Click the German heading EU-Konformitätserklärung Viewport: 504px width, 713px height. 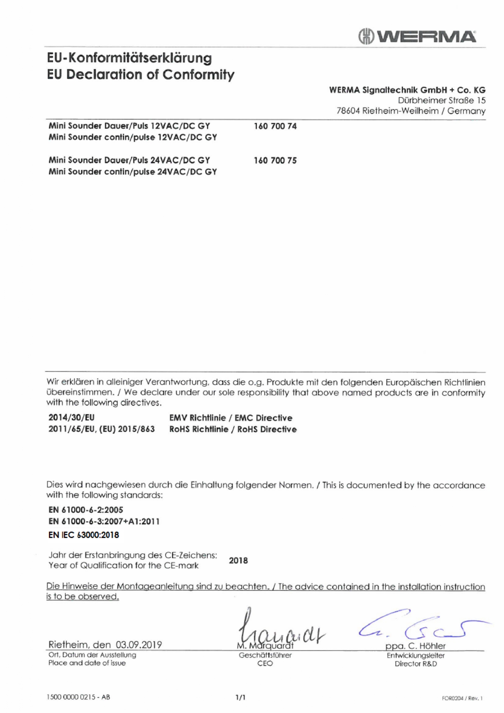[x=129, y=58]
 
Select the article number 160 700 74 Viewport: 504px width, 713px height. [x=275, y=126]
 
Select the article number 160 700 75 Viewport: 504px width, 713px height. [x=275, y=160]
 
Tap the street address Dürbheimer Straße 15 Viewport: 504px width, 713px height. [x=441, y=100]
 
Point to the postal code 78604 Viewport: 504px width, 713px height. [x=348, y=111]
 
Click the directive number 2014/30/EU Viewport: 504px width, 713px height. [x=71, y=418]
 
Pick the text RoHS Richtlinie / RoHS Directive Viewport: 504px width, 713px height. [x=233, y=429]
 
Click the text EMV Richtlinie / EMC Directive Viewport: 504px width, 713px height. [x=230, y=418]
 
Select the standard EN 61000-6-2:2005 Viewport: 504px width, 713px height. [x=86, y=510]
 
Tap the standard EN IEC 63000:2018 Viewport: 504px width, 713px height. [x=84, y=535]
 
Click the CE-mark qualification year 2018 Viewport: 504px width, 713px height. [x=238, y=561]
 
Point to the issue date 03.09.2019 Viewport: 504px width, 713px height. [x=138, y=645]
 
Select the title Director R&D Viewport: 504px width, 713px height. [x=415, y=664]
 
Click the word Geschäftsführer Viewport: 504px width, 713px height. [x=265, y=655]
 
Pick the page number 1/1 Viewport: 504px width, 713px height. [x=240, y=698]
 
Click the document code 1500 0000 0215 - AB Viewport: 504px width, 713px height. [x=78, y=697]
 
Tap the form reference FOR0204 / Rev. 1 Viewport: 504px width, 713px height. [x=462, y=698]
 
